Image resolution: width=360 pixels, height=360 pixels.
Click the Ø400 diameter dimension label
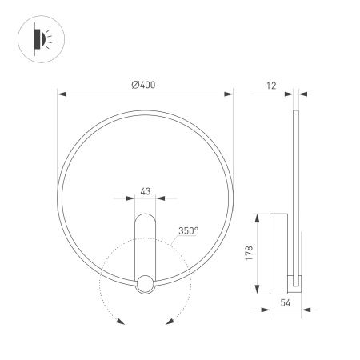[x=146, y=86]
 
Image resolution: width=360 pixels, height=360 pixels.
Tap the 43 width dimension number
[x=146, y=191]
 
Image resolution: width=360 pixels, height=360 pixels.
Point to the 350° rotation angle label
[x=190, y=230]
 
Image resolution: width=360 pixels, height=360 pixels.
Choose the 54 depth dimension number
[x=286, y=305]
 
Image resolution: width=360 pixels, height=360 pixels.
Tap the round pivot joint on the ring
[x=146, y=283]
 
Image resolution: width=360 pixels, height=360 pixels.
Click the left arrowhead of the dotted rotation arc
[x=119, y=322]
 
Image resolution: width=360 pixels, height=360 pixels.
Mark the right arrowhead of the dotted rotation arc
[x=170, y=322]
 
